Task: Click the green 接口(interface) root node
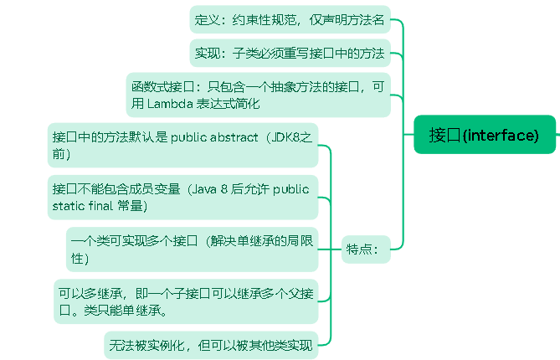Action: [485, 135]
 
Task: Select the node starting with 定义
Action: [289, 20]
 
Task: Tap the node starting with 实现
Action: [289, 54]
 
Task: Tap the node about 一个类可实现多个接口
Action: [193, 249]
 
